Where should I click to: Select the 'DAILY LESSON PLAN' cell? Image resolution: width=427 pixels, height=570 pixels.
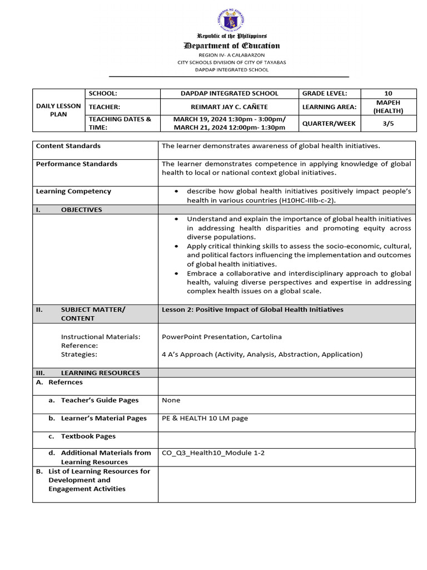58,110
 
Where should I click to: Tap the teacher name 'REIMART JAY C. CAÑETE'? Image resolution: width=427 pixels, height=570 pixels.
229,107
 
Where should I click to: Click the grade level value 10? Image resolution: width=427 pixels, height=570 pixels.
388,94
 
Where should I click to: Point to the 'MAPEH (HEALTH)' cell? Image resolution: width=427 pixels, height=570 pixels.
388,107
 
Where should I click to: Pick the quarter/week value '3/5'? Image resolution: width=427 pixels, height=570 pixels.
388,123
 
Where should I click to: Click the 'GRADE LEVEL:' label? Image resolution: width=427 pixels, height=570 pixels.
325,94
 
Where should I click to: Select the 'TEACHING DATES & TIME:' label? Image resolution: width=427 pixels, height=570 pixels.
120,123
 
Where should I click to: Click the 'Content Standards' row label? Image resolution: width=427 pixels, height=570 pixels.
68,146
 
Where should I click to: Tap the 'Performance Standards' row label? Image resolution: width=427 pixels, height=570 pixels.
77,164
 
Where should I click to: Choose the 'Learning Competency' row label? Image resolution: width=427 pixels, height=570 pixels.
73,191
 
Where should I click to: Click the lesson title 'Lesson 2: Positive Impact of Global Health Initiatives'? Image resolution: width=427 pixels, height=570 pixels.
252,309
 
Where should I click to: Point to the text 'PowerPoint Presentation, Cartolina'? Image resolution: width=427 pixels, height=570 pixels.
214,337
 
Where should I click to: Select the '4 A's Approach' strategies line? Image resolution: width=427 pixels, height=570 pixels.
262,355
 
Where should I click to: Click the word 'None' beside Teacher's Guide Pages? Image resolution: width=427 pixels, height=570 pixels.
171,400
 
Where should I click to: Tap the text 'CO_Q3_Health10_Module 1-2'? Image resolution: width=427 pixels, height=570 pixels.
213,453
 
